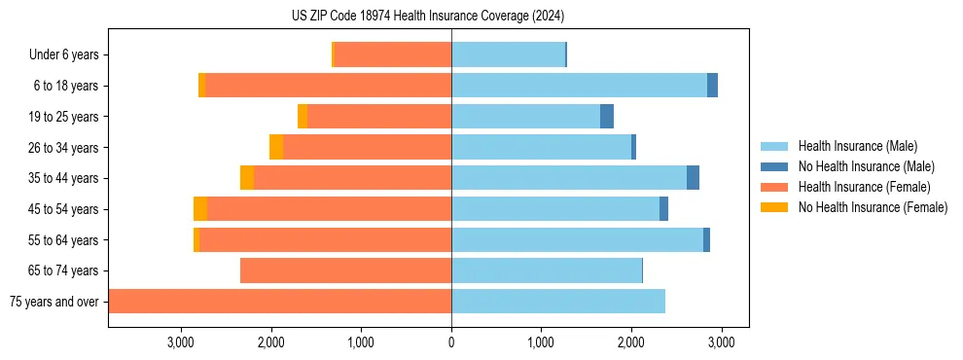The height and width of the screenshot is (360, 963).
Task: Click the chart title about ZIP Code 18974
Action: click(427, 17)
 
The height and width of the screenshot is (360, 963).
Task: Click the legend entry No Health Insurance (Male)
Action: click(866, 166)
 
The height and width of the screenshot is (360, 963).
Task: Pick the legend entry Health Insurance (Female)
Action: click(863, 187)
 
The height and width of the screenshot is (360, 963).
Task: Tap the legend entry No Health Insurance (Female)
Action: click(872, 207)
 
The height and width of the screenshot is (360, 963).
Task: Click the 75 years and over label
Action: click(53, 302)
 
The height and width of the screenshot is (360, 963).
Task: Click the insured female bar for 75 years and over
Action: click(280, 302)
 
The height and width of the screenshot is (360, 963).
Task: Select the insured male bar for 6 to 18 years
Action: click(579, 86)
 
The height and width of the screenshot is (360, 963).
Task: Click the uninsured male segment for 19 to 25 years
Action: click(607, 117)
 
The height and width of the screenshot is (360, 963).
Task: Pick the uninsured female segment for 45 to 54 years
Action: click(200, 209)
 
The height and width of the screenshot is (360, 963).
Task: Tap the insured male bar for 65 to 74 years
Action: click(547, 270)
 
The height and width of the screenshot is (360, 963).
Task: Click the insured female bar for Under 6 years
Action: click(393, 55)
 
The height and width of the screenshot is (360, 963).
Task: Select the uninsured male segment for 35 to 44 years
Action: click(693, 178)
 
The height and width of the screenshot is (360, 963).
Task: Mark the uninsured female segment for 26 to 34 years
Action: click(276, 147)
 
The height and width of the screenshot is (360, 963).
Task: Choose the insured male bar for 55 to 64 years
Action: click(577, 240)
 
